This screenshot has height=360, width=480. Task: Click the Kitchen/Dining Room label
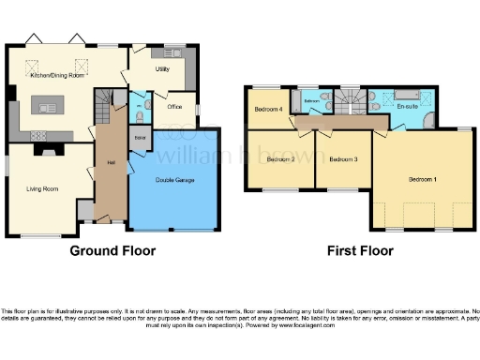tap(57, 75)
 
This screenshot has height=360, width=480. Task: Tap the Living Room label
tap(43, 189)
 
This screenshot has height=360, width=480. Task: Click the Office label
tap(174, 108)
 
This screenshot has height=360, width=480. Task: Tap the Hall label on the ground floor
tap(111, 163)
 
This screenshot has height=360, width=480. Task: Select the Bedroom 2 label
tap(280, 159)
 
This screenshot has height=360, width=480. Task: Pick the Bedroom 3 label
tap(343, 159)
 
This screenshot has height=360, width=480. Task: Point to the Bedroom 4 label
tap(268, 109)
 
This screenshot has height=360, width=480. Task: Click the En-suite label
tap(407, 106)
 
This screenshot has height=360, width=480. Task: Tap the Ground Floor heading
tap(113, 250)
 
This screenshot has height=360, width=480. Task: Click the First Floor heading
tap(360, 250)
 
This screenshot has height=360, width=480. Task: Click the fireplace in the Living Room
tap(45, 147)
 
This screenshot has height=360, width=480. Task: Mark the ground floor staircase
tap(106, 101)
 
